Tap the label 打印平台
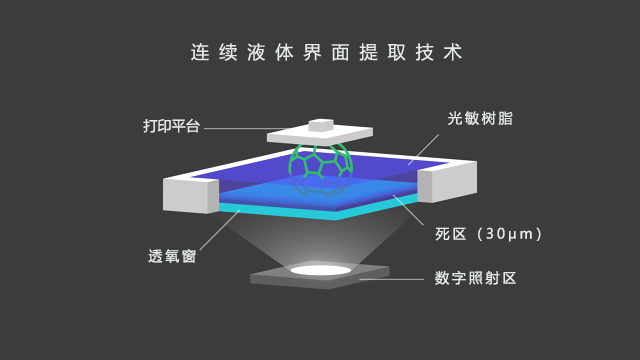click(x=172, y=127)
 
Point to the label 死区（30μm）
click(x=489, y=234)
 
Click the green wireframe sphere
click(x=320, y=168)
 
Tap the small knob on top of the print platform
click(x=320, y=124)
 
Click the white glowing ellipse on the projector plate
click(x=320, y=269)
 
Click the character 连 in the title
click(x=198, y=53)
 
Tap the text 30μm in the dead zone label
click(x=507, y=234)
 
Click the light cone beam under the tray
click(x=320, y=240)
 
